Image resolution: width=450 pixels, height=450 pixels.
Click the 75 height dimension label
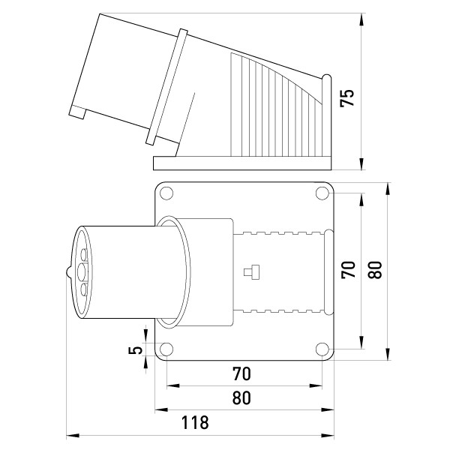347,98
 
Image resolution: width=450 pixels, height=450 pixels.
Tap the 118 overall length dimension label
195,422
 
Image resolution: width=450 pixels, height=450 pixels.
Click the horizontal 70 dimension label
241,373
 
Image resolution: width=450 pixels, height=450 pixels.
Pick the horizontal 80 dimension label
241,397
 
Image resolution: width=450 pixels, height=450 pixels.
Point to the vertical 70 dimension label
348,269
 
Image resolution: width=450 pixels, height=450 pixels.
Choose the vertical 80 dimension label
375,269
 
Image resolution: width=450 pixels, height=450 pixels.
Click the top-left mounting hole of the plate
166,193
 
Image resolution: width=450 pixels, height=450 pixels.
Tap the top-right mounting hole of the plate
322,193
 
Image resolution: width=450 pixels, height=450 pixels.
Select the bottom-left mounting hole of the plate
166,349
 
